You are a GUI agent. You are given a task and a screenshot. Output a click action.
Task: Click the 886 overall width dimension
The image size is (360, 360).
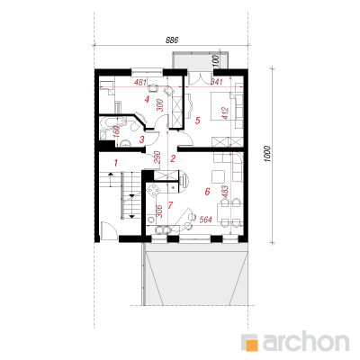(x=172, y=40)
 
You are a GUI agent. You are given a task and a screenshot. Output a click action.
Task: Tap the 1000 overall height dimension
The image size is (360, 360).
(x=267, y=154)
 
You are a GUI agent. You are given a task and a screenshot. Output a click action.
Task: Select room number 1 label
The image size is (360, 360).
(x=116, y=163)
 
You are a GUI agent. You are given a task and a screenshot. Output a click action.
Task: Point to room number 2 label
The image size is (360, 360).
(x=173, y=158)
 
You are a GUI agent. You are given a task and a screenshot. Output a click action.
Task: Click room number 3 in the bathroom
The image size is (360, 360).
(x=142, y=139)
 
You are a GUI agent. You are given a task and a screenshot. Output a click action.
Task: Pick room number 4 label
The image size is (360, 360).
(x=147, y=99)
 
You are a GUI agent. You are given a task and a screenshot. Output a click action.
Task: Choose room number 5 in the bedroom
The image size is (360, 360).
(x=197, y=121)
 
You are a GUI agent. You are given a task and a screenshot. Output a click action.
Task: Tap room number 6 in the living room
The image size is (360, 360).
(x=207, y=192)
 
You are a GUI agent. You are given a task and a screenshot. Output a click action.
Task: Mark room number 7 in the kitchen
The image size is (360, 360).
(x=170, y=205)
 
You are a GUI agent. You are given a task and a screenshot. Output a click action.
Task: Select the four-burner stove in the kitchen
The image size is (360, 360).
(x=154, y=190)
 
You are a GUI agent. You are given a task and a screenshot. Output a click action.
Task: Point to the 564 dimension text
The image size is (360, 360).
(x=206, y=220)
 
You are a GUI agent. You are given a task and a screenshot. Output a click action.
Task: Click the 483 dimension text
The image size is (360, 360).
(x=225, y=193)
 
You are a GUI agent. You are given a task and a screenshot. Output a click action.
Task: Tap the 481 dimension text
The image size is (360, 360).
(x=140, y=82)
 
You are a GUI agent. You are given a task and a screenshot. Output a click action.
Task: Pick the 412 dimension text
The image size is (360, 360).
(x=226, y=113)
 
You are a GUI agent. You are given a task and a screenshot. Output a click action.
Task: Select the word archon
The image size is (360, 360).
(x=306, y=341)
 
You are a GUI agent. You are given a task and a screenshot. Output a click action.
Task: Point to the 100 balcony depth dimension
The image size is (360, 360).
(x=218, y=61)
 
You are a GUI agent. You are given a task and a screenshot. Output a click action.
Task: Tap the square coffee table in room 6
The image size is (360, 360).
(x=218, y=176)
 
